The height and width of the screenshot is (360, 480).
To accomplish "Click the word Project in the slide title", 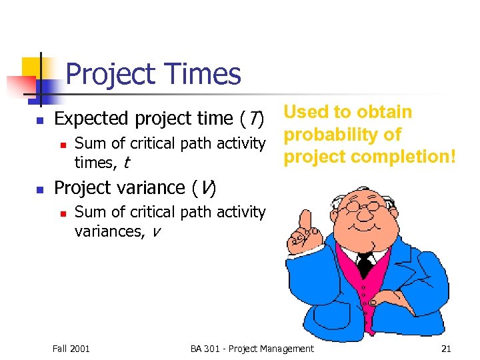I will [109, 74].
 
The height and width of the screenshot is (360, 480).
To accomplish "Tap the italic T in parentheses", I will [254, 119].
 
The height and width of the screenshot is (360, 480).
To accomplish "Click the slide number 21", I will [446, 349].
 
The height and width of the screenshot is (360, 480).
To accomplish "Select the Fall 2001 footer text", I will [71, 349].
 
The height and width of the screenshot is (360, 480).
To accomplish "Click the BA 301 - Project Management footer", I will [251, 349].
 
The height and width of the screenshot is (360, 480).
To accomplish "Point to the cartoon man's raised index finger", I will [306, 219].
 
